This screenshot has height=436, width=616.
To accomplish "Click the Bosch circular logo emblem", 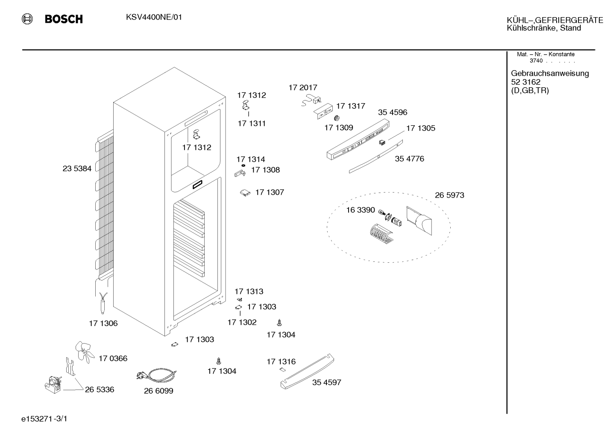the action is pos(27,19).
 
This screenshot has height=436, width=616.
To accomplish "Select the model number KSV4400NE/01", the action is pos(154,18).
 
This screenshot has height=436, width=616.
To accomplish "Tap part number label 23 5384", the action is pos(77,168).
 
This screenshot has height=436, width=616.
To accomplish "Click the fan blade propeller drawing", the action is pos(85,352).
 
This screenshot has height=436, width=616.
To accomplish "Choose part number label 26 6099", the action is pos(158,391).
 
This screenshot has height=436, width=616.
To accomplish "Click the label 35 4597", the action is pos(327,382).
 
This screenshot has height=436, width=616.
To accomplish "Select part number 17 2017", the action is pos(303,88).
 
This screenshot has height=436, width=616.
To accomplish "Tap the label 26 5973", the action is pos(449,195).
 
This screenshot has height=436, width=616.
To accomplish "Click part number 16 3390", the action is pos(361,210).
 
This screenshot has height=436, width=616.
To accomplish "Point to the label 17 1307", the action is pos(270,192).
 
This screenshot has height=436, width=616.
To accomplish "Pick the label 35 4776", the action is pos(410,159).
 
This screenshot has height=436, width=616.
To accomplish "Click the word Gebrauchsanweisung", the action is pos(550,73).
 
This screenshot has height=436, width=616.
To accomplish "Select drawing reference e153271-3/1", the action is pos(44,419).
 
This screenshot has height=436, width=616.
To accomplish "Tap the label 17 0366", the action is pos(113,358).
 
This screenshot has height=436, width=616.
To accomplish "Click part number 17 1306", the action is pos(103,323).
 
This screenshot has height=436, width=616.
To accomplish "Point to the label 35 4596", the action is pos(393,112).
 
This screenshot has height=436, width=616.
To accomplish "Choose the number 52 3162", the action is pos(526,82).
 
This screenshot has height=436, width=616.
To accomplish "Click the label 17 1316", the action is pos(281,362).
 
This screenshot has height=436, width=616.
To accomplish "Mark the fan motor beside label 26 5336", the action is pos(53,385).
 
